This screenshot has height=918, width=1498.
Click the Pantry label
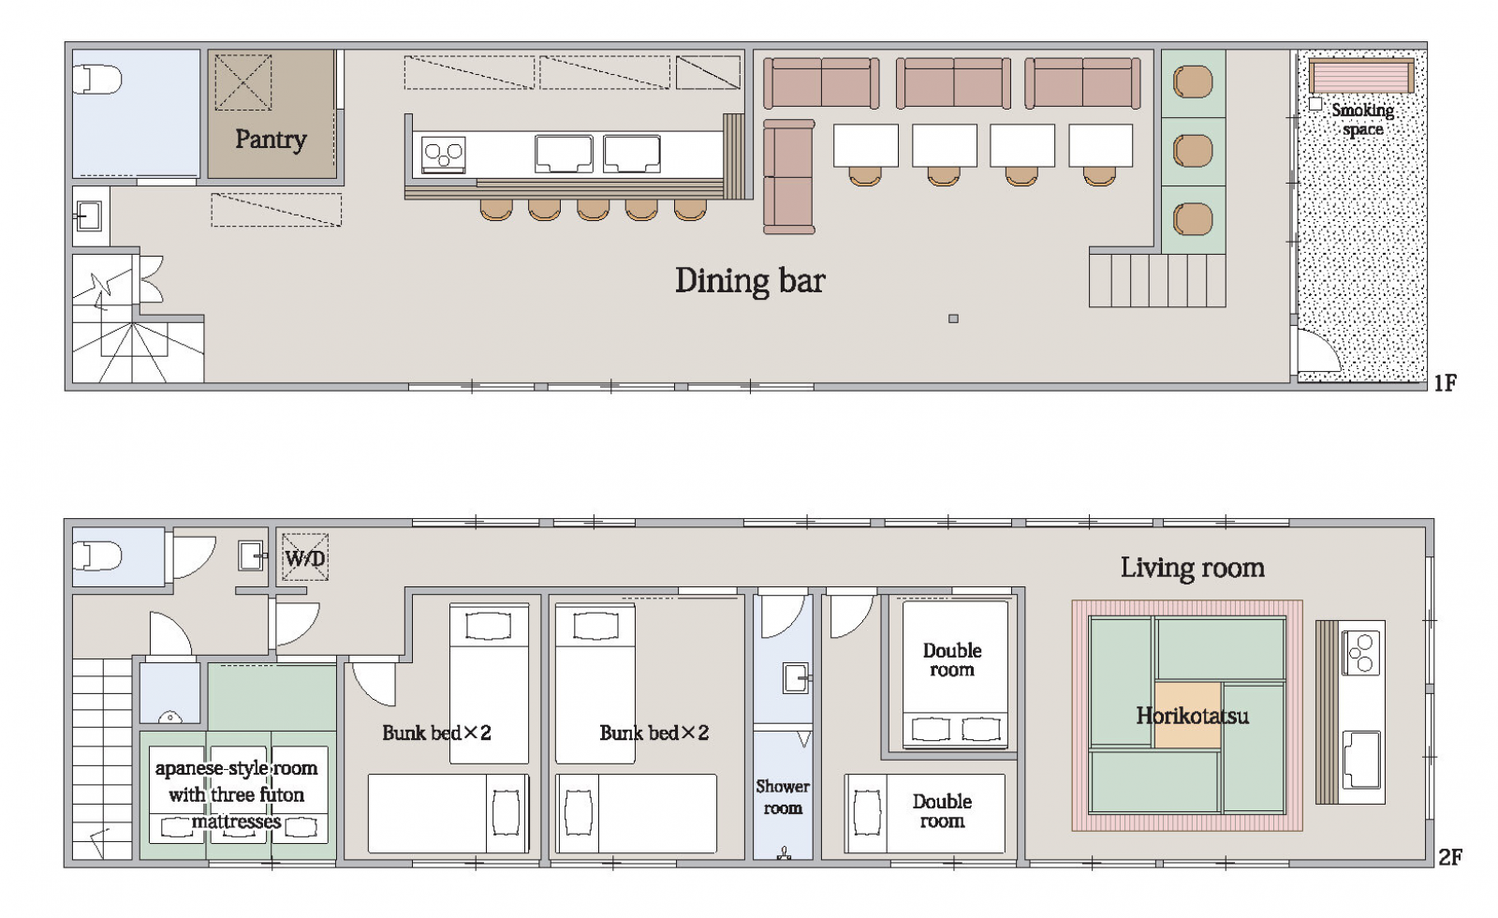pyautogui.click(x=271, y=140)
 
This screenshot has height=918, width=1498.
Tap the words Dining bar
pyautogui.click(x=750, y=280)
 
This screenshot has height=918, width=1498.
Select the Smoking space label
pyautogui.click(x=1362, y=120)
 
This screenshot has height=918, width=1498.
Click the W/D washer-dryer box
pyautogui.click(x=305, y=556)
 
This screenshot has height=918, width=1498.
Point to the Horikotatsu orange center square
pyautogui.click(x=1188, y=715)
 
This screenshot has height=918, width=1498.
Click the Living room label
pyautogui.click(x=1193, y=568)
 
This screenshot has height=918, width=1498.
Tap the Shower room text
pyautogui.click(x=783, y=797)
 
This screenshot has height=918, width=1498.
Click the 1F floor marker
pyautogui.click(x=1446, y=383)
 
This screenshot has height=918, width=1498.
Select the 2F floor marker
pyautogui.click(x=1450, y=856)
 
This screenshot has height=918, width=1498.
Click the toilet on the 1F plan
pyautogui.click(x=97, y=79)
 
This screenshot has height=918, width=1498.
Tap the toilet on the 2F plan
pyautogui.click(x=97, y=556)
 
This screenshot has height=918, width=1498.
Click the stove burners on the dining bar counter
pyautogui.click(x=444, y=154)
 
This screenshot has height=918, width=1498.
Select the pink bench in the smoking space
pyautogui.click(x=1361, y=76)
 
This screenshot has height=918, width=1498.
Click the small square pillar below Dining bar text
pyautogui.click(x=954, y=318)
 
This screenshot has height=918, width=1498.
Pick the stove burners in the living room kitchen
pyautogui.click(x=1360, y=653)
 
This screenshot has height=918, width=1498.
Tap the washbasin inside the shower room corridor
pyautogui.click(x=797, y=678)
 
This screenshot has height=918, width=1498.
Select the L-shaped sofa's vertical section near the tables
pyautogui.click(x=789, y=177)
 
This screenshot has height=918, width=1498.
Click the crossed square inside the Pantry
pyautogui.click(x=242, y=82)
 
